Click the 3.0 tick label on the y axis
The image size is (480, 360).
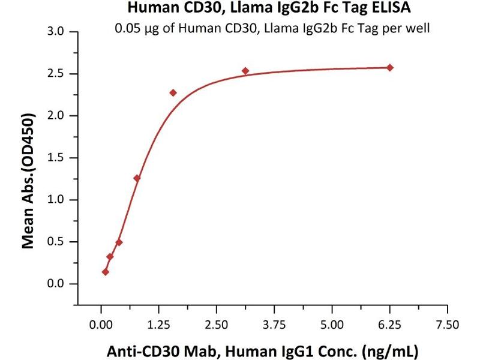click(x=55, y=31)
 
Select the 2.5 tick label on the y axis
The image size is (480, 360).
click(x=55, y=73)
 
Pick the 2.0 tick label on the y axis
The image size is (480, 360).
click(x=55, y=115)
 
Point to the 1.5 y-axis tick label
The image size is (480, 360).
click(x=55, y=157)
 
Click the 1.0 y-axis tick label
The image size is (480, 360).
click(x=55, y=200)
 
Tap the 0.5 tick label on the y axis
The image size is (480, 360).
click(x=55, y=242)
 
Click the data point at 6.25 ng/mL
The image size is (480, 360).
click(x=390, y=67)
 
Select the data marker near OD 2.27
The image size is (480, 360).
click(x=173, y=92)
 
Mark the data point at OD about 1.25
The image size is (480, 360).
click(x=137, y=178)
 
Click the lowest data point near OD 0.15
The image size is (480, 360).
click(x=106, y=272)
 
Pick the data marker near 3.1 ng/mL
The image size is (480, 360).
click(x=245, y=71)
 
